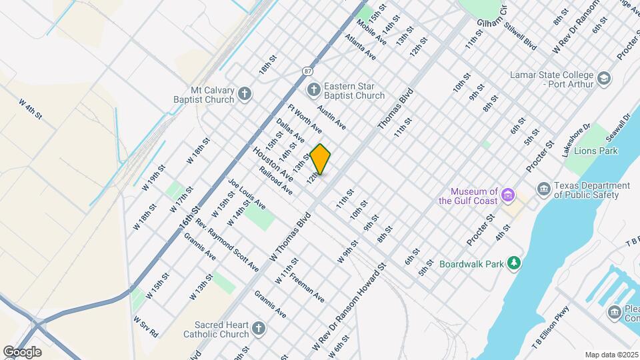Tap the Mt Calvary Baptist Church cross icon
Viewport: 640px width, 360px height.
tap(245, 93)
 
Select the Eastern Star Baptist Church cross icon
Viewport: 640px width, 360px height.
tap(313, 89)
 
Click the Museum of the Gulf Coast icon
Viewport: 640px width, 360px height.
tap(509, 195)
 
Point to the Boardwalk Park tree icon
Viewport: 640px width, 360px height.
tap(513, 263)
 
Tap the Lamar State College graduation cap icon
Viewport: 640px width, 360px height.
tap(604, 79)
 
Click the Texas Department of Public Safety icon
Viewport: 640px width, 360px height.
tap(543, 189)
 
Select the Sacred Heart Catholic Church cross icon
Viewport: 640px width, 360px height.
tap(259, 328)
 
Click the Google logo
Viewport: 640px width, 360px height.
tap(21, 351)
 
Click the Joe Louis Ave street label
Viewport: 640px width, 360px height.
tap(247, 193)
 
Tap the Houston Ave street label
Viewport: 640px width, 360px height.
tap(273, 164)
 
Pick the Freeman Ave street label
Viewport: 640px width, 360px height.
tap(307, 288)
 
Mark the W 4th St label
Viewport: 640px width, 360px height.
tap(31, 110)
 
